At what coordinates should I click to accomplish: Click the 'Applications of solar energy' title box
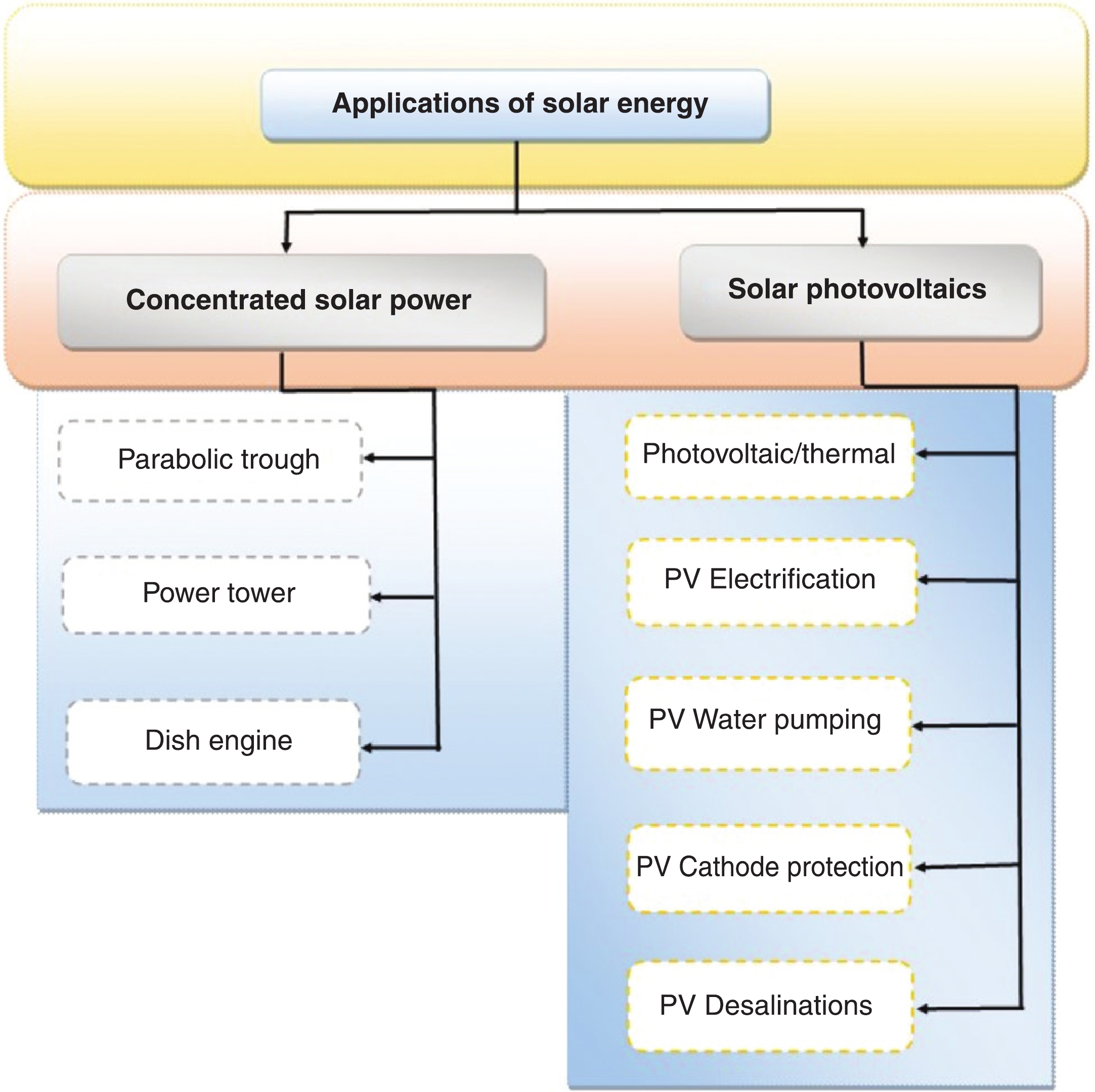tap(515, 105)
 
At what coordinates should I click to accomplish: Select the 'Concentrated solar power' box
tap(301, 301)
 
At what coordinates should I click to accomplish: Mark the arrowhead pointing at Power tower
tap(376, 597)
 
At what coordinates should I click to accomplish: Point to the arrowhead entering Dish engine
tap(367, 748)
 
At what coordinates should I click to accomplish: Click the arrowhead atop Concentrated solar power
tap(286, 247)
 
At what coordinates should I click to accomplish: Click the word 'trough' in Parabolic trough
tap(280, 460)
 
